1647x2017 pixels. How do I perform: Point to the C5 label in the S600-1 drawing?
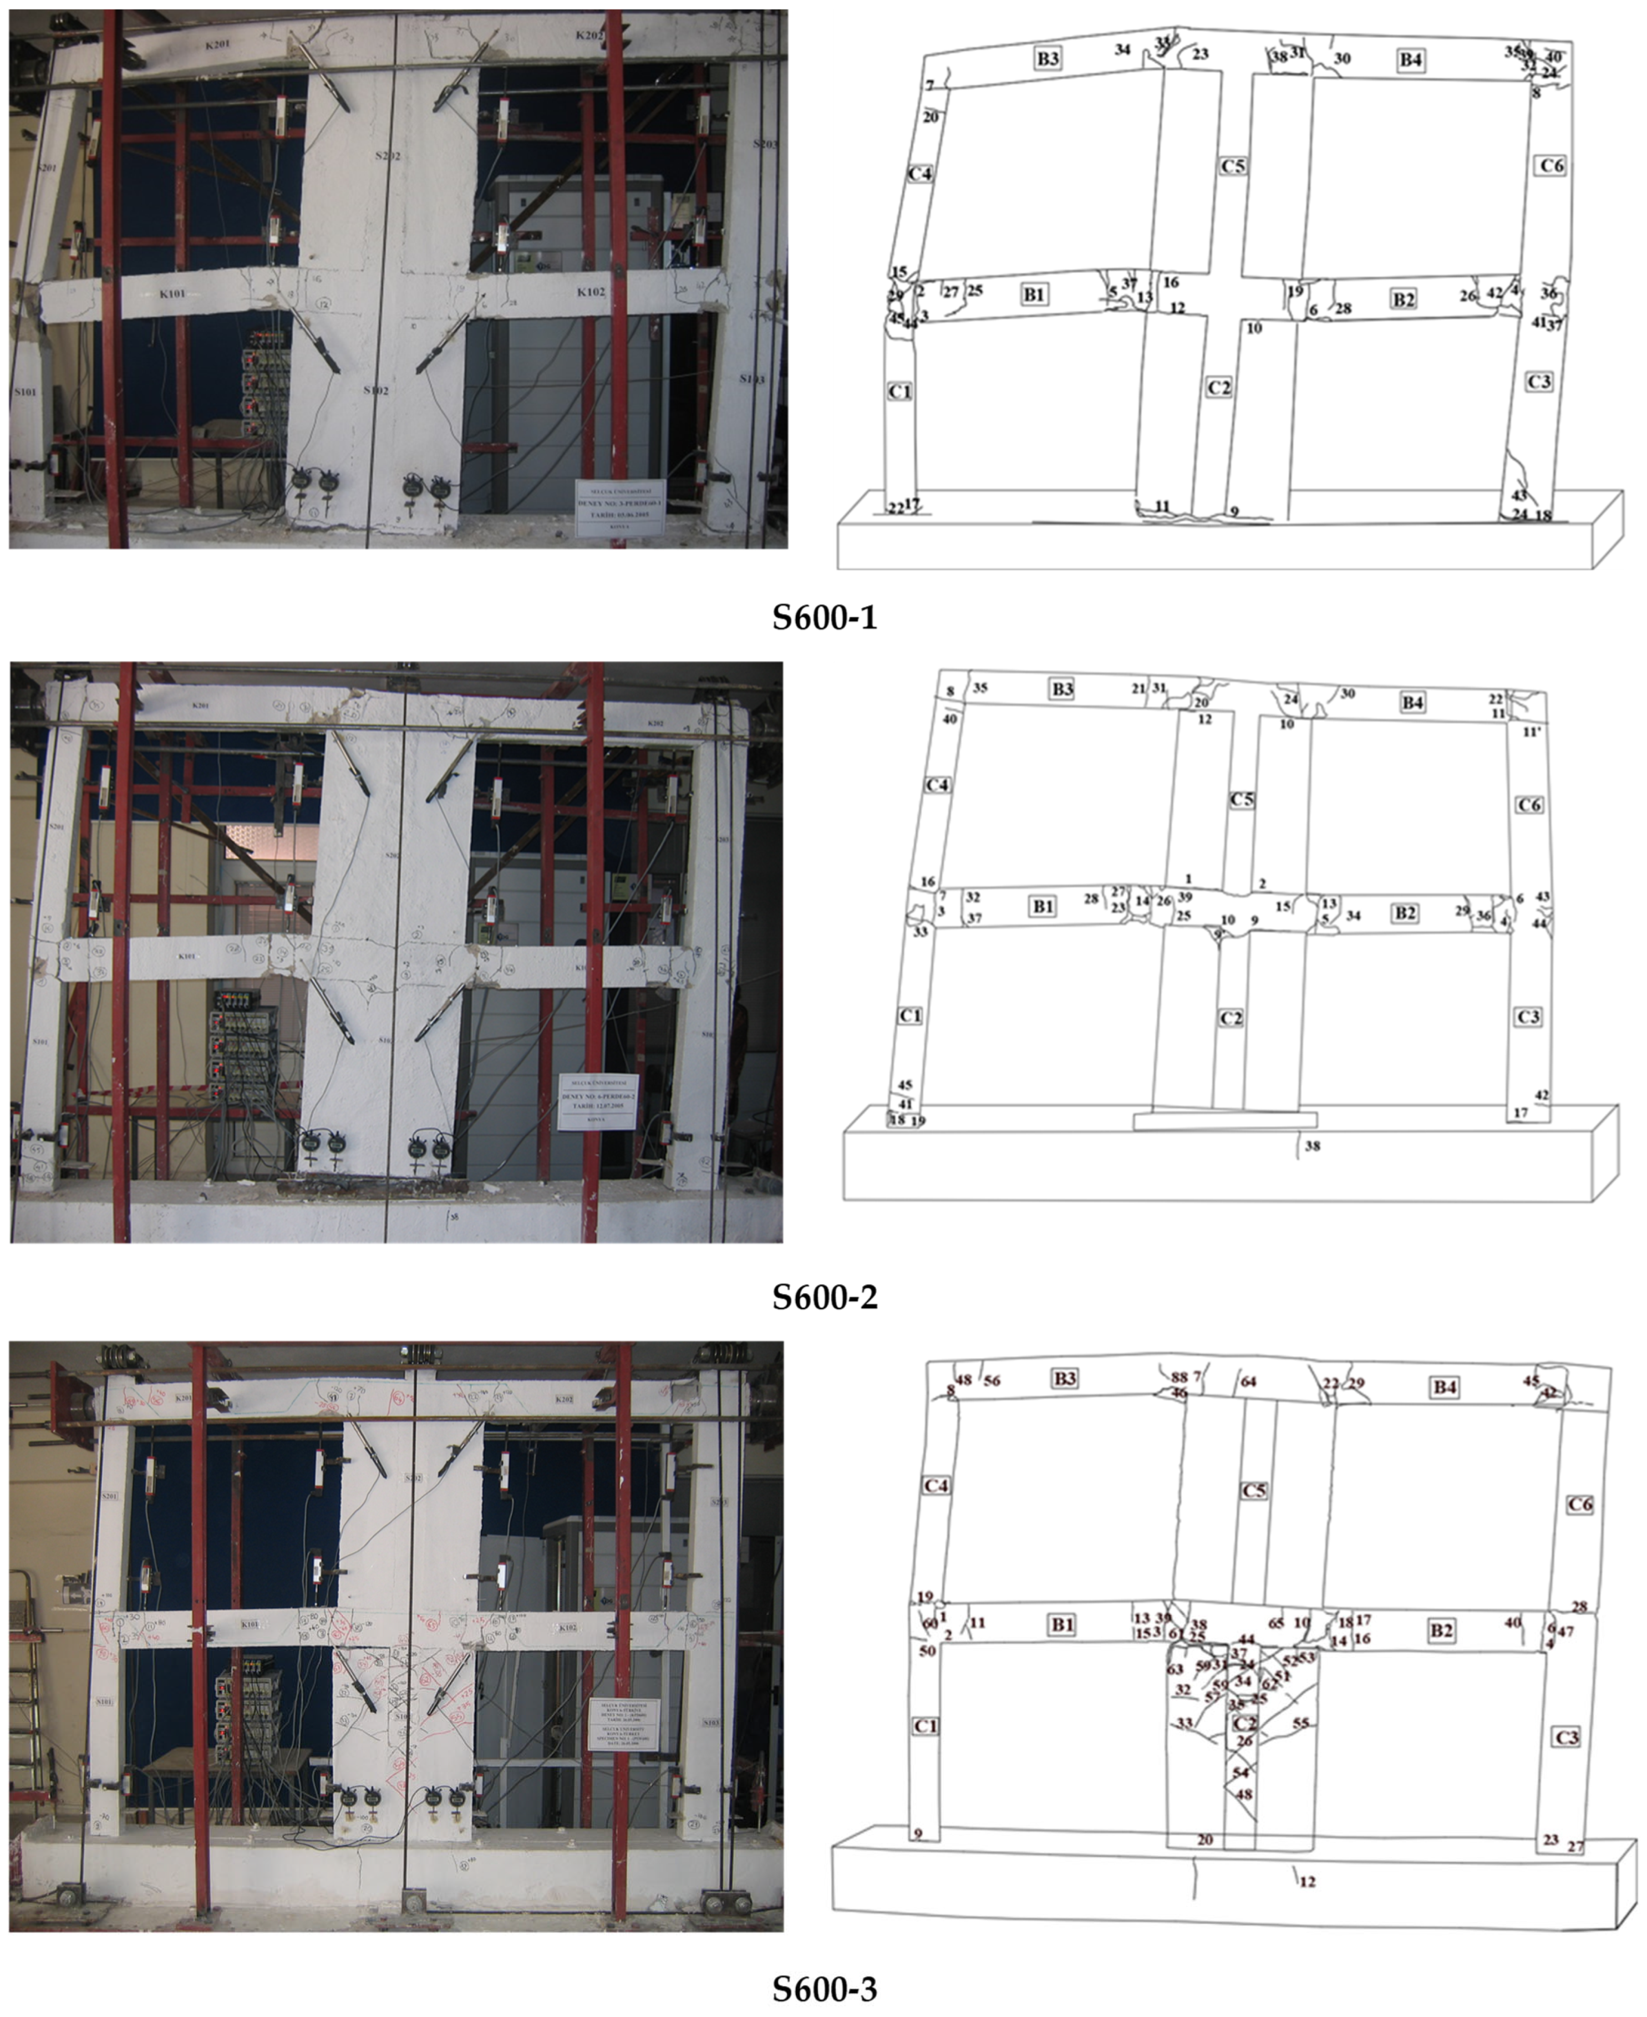point(1232,166)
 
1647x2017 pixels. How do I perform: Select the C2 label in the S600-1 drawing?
point(1218,387)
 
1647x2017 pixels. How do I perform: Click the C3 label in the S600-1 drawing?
point(1539,382)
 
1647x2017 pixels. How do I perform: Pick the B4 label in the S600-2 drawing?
point(1412,702)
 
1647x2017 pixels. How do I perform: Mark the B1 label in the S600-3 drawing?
point(1061,1625)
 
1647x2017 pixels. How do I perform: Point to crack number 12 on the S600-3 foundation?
point(1308,1881)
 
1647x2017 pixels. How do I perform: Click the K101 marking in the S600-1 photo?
point(172,294)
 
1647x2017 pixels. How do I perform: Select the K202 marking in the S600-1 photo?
point(589,35)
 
